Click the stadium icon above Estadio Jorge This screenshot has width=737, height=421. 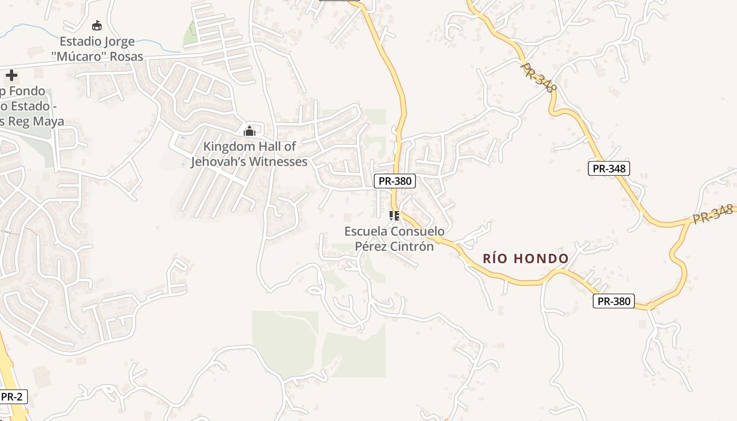(96, 25)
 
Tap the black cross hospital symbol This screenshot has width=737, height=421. (11, 75)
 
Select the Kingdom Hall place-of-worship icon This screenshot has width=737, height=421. (250, 131)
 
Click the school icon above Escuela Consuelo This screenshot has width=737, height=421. (394, 215)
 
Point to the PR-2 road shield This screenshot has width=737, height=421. (11, 397)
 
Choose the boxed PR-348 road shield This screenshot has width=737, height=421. (609, 168)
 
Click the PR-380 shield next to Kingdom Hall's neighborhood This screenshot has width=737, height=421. (395, 181)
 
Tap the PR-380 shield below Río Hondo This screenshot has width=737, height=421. (614, 301)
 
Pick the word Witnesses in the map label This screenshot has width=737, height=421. (277, 162)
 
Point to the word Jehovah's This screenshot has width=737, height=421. (218, 162)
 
